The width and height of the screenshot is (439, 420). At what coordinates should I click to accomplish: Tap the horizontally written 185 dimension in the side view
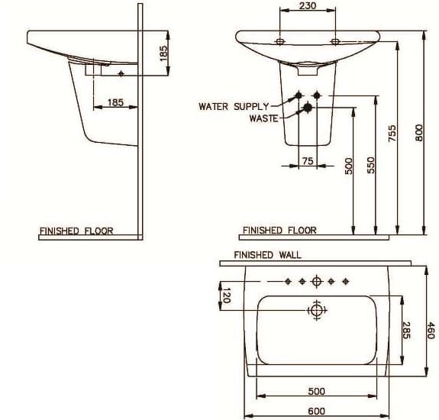pyautogui.click(x=115, y=102)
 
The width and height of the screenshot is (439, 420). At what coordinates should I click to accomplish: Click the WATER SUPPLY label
pyautogui.click(x=234, y=107)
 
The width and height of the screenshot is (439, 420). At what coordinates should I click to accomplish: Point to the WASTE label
pyautogui.click(x=264, y=118)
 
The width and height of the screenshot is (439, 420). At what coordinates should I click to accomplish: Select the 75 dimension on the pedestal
pyautogui.click(x=308, y=160)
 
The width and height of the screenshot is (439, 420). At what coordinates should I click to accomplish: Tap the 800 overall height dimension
pyautogui.click(x=418, y=132)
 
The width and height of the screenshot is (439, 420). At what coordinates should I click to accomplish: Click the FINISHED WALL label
pyautogui.click(x=267, y=255)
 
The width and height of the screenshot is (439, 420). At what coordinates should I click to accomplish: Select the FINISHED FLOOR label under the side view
pyautogui.click(x=76, y=231)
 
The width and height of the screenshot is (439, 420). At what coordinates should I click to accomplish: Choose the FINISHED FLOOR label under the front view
pyautogui.click(x=279, y=230)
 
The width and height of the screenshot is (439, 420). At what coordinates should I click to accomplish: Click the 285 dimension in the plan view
pyautogui.click(x=406, y=329)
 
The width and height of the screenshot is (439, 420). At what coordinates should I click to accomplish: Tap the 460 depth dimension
pyautogui.click(x=431, y=330)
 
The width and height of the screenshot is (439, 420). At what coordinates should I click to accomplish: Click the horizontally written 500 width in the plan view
pyautogui.click(x=316, y=391)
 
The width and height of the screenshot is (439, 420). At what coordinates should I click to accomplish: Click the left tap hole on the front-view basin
pyautogui.click(x=280, y=41)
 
